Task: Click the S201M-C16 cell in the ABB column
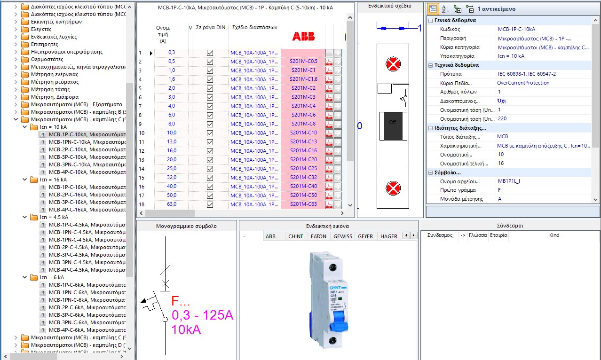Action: click(x=303, y=150)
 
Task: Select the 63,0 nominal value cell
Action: click(x=172, y=204)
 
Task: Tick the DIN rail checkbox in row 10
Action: click(x=210, y=133)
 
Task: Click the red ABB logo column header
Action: click(x=303, y=37)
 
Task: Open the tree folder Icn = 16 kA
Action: click(x=53, y=180)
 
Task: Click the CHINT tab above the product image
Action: click(x=296, y=236)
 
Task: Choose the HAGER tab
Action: click(x=388, y=236)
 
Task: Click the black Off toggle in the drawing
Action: click(x=392, y=126)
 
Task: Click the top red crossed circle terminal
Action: click(x=392, y=65)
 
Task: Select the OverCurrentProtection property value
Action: click(x=523, y=83)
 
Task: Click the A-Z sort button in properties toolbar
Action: click(x=445, y=9)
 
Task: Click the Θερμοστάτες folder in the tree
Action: click(x=47, y=59)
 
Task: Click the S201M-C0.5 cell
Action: click(x=303, y=62)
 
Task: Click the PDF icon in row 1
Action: click(x=329, y=53)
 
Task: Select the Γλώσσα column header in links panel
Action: click(x=478, y=235)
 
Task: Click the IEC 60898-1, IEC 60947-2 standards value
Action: click(x=526, y=74)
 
